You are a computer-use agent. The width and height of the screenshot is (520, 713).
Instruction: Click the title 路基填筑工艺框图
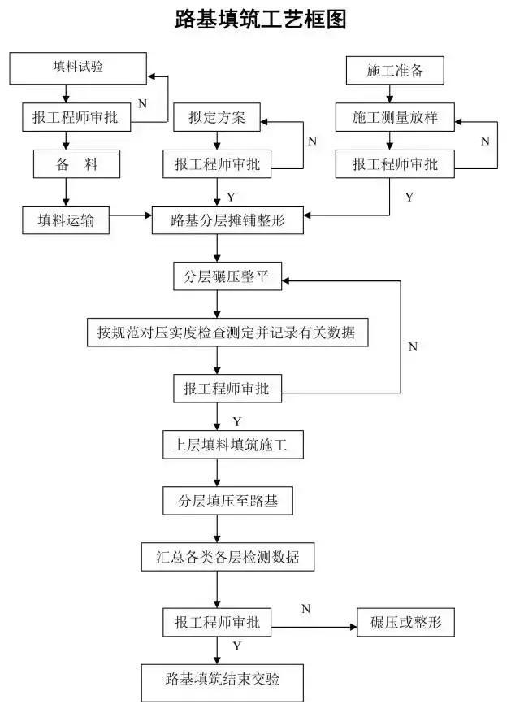pos(260,20)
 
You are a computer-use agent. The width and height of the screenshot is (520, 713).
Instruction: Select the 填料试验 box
pos(78,67)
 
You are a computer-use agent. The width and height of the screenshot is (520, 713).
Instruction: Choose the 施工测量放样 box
pos(395,118)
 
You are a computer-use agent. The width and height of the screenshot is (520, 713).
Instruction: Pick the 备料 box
pos(77,165)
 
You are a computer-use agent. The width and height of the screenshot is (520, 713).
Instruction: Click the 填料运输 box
pos(66,220)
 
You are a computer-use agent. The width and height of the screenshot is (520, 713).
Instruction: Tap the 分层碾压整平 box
pos(227,277)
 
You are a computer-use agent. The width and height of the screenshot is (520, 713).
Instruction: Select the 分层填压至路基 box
pos(228,502)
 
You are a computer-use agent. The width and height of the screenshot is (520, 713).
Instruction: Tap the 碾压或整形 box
pos(405,624)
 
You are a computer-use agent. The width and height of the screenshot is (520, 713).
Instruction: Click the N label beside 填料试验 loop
pos(142,104)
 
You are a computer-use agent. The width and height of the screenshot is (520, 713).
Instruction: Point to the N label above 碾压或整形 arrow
pos(306,609)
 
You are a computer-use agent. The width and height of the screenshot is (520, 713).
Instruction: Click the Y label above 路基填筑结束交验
pos(236,646)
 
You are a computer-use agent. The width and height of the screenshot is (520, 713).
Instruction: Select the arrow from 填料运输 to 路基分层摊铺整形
pos(131,217)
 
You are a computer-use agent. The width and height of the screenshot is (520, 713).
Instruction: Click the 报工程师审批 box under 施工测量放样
pos(395,164)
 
